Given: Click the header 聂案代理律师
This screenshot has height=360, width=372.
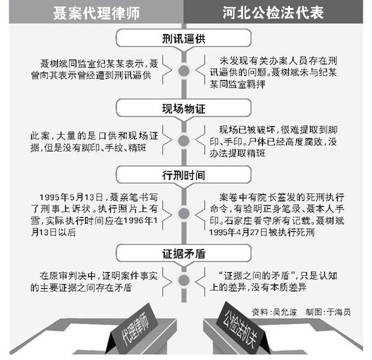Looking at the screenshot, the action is (x=96, y=13).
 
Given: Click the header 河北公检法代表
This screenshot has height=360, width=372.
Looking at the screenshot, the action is (x=273, y=13).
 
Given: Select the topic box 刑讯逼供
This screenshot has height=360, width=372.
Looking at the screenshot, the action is (x=183, y=38).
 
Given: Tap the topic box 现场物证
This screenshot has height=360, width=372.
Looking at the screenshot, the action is (x=183, y=108).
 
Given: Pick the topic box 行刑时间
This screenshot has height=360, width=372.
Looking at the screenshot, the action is (x=183, y=175).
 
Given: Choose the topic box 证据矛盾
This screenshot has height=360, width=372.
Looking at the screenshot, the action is (x=183, y=254).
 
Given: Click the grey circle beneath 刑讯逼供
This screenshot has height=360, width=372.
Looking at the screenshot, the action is (x=184, y=71).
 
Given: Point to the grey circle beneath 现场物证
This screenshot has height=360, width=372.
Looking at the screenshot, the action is (x=184, y=141).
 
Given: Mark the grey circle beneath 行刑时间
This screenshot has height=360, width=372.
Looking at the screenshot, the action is (x=184, y=213).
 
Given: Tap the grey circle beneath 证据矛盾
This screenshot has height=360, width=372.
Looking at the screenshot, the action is (x=184, y=280).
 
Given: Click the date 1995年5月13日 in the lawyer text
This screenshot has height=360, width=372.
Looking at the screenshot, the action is (x=71, y=197).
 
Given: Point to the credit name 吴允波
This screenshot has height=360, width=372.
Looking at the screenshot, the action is (x=285, y=312).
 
